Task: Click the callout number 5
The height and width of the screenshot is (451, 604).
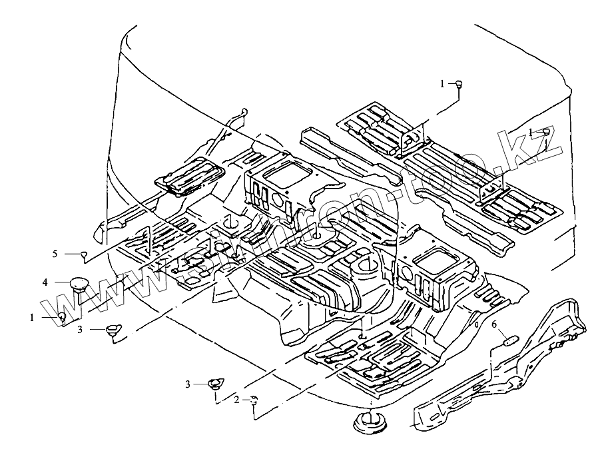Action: coord(57,254)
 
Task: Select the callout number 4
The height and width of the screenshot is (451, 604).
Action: coord(45,282)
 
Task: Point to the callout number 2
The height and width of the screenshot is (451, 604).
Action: coord(236,400)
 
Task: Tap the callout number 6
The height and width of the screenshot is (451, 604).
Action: coord(495,324)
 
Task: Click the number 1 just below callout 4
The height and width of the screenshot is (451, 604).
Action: coord(31,318)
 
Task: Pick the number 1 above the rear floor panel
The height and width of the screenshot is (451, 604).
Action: coord(442,84)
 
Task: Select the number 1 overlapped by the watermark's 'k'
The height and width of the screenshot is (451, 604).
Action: coord(531,131)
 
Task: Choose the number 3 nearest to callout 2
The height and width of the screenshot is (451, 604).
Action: coord(188,384)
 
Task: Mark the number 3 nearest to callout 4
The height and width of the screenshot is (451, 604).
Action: coord(80,329)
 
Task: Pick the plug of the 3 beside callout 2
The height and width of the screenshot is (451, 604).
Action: coord(214,383)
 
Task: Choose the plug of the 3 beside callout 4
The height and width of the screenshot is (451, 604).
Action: coord(111,328)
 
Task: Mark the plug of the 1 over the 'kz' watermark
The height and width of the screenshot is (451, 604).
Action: coord(545,131)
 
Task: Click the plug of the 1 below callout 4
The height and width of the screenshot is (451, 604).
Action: coord(61,316)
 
